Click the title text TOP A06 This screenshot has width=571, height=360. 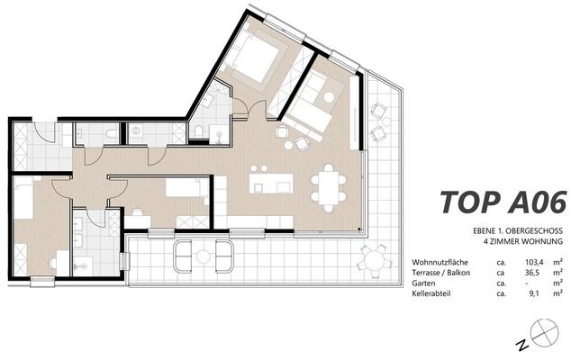click(x=503, y=202)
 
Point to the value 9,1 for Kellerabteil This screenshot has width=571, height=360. click(x=534, y=293)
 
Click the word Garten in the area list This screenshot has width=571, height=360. click(x=423, y=283)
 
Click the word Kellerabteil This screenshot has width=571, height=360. click(x=431, y=293)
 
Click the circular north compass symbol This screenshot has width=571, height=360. click(x=544, y=332)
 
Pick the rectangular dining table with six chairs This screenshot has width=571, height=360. click(x=329, y=188)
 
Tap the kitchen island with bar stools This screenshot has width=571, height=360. click(x=271, y=181)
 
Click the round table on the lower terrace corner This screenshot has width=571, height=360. click(x=376, y=259)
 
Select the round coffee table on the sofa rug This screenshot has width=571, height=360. click(x=330, y=97)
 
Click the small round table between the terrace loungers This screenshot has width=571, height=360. click(x=204, y=256)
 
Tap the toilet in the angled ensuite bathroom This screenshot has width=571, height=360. click(x=199, y=130)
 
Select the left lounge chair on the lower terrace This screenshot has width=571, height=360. click(x=183, y=256)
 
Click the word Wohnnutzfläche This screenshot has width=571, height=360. click(x=440, y=262)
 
